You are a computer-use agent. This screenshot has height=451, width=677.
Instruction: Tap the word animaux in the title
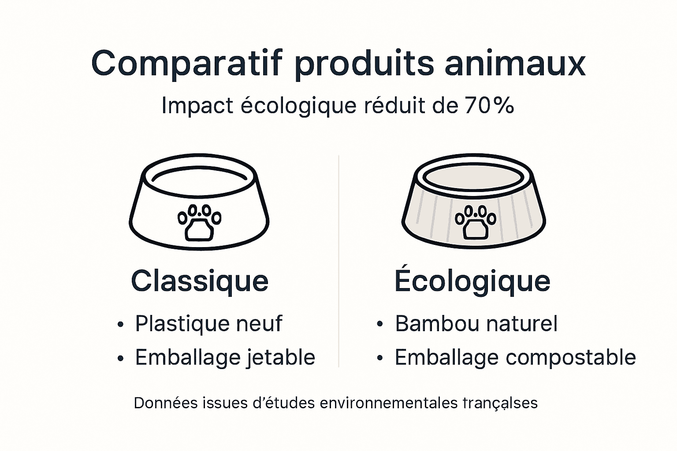coord(515,64)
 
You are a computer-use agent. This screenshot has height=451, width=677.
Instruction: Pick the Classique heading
coord(200,281)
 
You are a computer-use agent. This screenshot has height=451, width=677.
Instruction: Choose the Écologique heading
coord(472,281)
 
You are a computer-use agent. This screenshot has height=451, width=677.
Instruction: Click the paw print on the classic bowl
coord(199,222)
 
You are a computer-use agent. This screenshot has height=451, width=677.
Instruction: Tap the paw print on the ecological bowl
coord(476,222)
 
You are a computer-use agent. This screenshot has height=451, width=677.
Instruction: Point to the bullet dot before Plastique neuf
coord(120,325)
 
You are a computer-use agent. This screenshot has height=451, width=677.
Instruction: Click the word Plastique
coord(182,324)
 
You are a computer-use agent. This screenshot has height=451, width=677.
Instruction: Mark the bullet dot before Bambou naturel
coord(380,325)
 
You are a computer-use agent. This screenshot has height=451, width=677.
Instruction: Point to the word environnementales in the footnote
coord(389,403)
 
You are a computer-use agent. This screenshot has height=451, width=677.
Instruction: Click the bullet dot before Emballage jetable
coord(120,359)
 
